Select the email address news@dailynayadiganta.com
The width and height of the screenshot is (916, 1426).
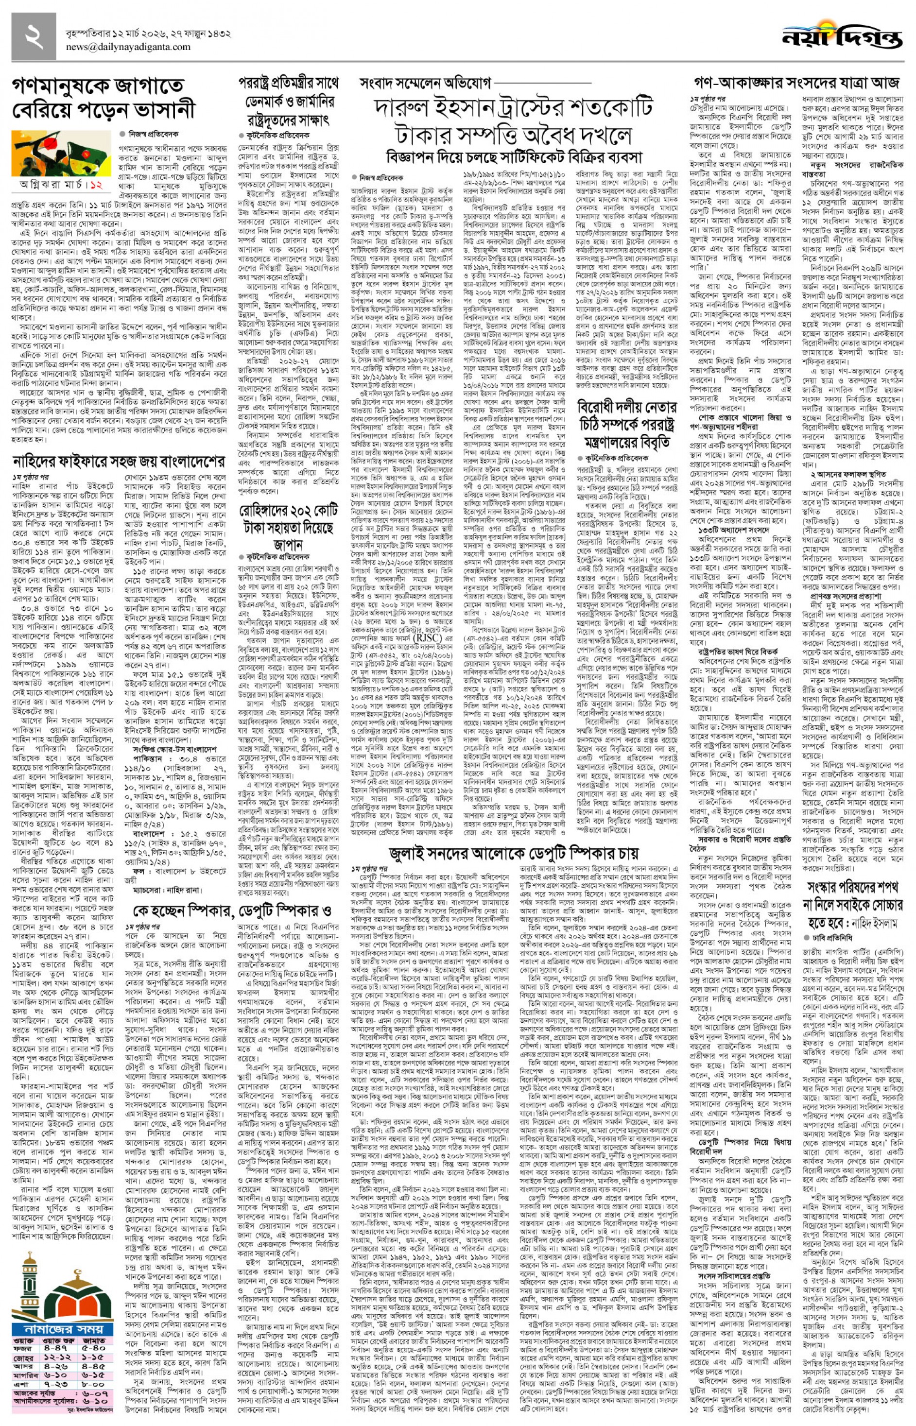(x=128, y=47)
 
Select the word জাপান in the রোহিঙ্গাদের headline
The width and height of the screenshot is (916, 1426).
(x=289, y=544)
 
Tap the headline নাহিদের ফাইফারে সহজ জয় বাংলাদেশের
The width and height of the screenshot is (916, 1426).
(x=119, y=461)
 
